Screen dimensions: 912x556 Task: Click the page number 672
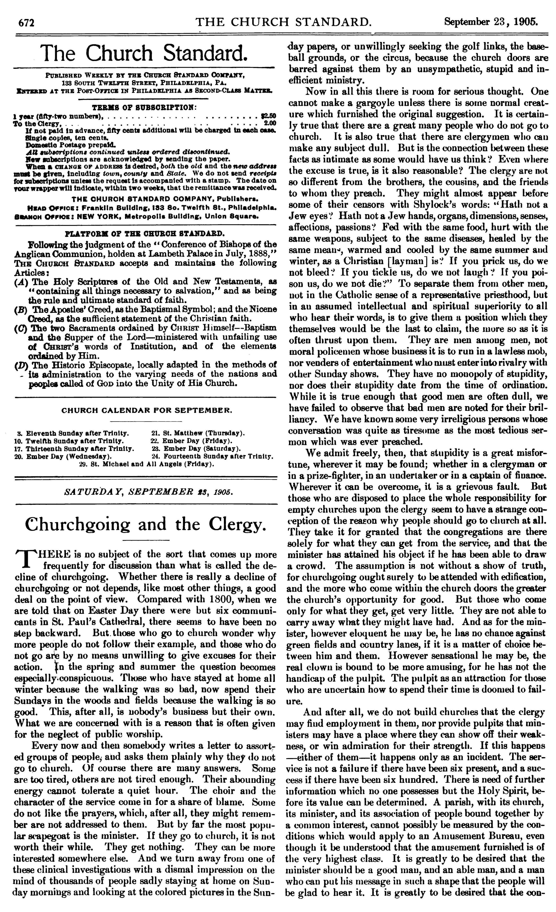27,23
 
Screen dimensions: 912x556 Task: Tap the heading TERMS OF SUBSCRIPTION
144,107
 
